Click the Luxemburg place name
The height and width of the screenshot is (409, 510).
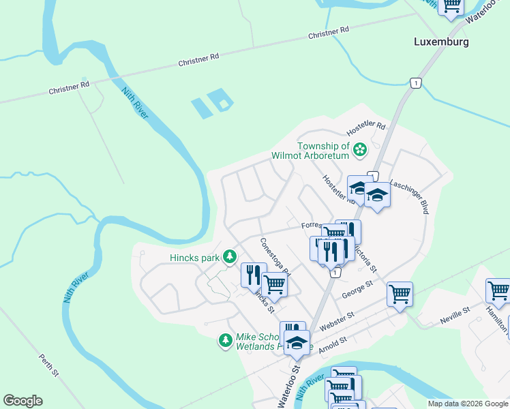[x=441, y=42]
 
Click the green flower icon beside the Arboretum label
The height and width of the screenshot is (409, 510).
[x=360, y=148]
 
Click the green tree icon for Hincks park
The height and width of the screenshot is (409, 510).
[x=230, y=256]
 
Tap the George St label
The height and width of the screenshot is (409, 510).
[x=358, y=289]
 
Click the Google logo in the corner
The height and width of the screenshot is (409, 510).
[x=22, y=401]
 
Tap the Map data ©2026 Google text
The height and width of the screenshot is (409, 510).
[x=468, y=404]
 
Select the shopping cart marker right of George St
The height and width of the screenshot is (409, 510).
[x=400, y=294]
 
